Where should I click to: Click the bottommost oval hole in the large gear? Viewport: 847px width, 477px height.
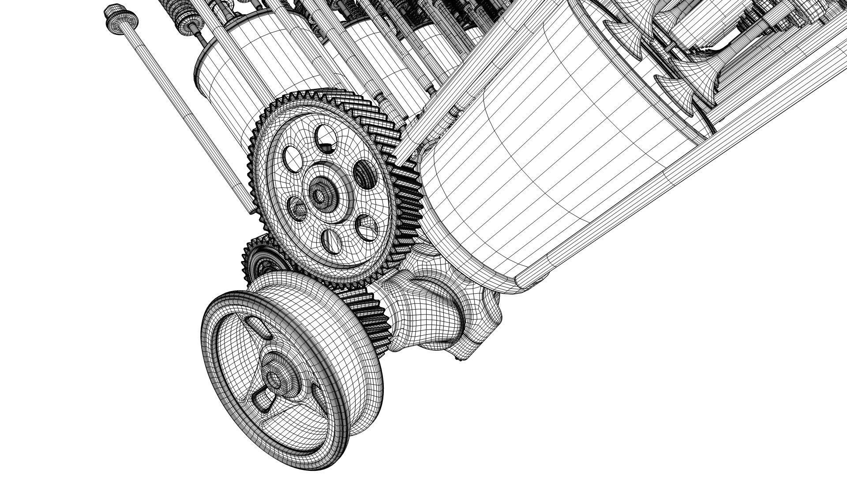click(x=332, y=242)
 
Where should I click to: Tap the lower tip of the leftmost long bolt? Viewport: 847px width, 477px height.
click(x=253, y=211)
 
